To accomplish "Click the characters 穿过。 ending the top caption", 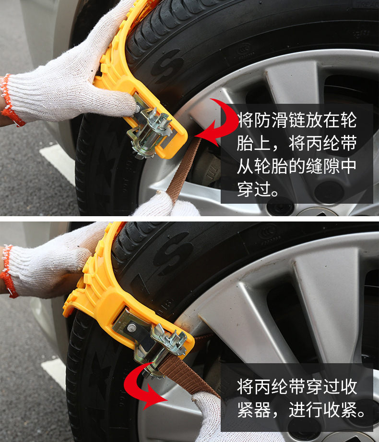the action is click(258, 189).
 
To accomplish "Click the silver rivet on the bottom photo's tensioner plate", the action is click(131, 328).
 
